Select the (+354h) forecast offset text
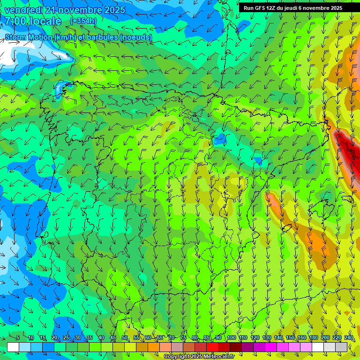click(x=83, y=21)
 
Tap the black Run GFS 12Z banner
click(x=299, y=8)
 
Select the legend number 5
click(x=18, y=338)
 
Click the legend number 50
click(x=125, y=338)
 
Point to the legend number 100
click(x=231, y=338)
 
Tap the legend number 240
click(x=348, y=338)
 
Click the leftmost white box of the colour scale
click(x=13, y=347)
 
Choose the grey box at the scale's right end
click(x=341, y=347)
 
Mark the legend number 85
click(x=207, y=338)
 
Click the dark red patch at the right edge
click(x=349, y=155)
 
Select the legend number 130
click(x=266, y=338)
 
